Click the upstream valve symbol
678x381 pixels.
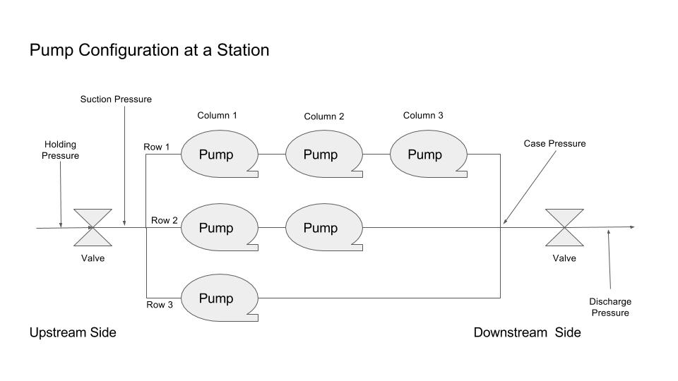(x=93, y=227)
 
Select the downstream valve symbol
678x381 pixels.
(x=564, y=227)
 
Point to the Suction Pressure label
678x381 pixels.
(x=116, y=99)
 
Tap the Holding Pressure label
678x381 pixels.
(x=60, y=150)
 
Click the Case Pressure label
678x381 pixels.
(x=554, y=144)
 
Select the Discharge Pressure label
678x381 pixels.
(x=610, y=307)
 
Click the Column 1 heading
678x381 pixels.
(x=217, y=115)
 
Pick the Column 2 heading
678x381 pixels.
(x=324, y=116)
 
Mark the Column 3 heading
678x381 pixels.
(x=423, y=115)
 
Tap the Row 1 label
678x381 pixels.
(x=157, y=147)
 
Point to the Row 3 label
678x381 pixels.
(x=159, y=305)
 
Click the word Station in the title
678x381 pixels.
(x=242, y=51)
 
